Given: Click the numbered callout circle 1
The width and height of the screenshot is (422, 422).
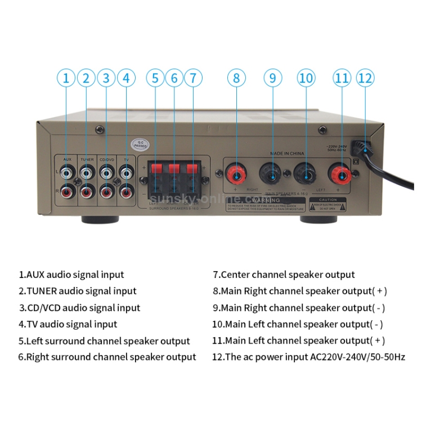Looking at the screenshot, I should [x=66, y=78].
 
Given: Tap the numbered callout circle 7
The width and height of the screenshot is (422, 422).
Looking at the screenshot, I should [x=193, y=78].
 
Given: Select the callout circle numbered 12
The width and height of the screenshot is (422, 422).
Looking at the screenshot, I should [x=365, y=78].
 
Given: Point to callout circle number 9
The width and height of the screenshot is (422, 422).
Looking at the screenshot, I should [x=273, y=78].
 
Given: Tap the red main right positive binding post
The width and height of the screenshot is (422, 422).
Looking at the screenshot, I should [x=236, y=173].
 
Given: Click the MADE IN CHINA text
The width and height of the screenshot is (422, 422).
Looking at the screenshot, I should [x=286, y=153].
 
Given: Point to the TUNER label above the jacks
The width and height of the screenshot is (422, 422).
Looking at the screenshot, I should [x=87, y=160].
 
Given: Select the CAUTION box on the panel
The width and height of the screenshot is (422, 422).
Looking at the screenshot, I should [x=327, y=203].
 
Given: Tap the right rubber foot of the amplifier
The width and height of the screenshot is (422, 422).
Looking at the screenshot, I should [x=316, y=219].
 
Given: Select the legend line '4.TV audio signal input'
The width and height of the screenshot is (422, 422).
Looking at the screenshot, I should [x=68, y=324].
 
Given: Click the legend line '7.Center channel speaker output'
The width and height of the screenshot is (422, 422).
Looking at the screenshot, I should [x=284, y=275].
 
